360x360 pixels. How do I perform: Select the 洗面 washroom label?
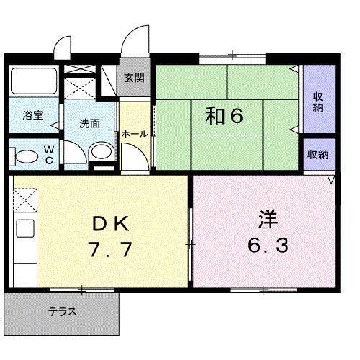click(x=89, y=122)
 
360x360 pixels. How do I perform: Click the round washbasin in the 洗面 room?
click(x=102, y=153)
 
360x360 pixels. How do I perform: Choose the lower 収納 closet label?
click(x=318, y=154)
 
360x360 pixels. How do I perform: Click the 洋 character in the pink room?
click(x=267, y=217)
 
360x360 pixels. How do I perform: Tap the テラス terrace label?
click(x=63, y=312)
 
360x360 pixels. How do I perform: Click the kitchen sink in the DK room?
click(x=22, y=231)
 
